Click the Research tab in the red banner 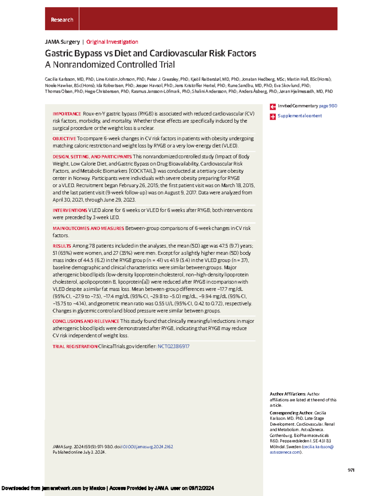(62, 20)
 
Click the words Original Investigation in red (112, 42)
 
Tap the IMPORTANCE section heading (67, 114)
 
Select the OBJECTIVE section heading (64, 139)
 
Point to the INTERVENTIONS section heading (70, 210)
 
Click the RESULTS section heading (62, 246)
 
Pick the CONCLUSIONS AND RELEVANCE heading (86, 321)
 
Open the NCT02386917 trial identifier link (173, 347)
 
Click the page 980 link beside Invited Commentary (328, 106)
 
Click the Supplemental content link (299, 116)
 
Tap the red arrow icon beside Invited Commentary (273, 107)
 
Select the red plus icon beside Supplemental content (273, 117)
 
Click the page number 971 (351, 470)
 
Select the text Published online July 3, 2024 (79, 452)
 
